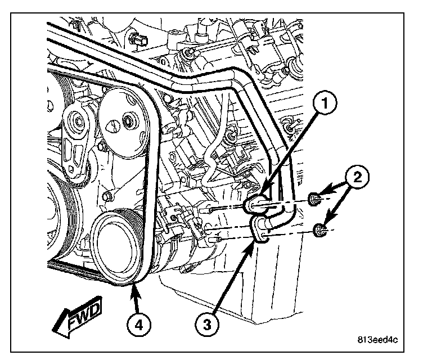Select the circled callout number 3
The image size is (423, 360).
[207, 323]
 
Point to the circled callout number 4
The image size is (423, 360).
[137, 323]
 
